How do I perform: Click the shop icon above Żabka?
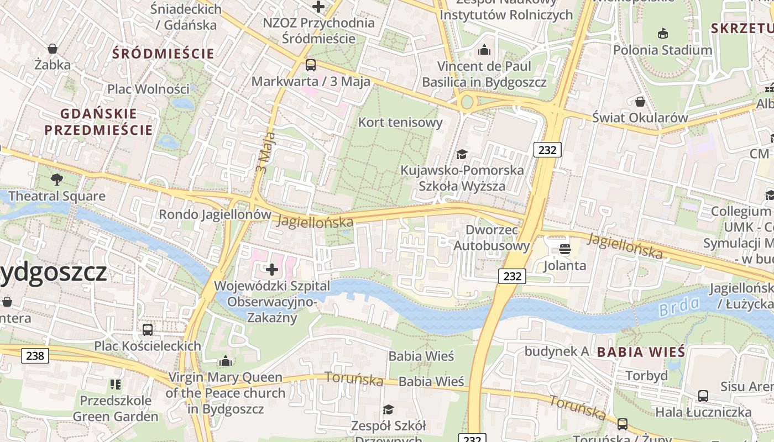53,49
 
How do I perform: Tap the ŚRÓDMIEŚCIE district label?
163,54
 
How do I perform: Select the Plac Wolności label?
148,89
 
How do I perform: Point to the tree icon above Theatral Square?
56,179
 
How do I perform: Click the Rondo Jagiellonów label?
215,214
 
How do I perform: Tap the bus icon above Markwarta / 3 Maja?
311,65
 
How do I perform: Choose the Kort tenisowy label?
400,122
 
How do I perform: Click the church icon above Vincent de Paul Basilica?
484,50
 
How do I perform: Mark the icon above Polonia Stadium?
663,34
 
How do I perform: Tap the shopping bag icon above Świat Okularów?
640,102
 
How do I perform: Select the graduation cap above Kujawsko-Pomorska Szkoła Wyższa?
462,154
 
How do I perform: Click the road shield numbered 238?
35,356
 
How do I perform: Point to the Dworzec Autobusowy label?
491,238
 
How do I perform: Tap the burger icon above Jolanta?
564,249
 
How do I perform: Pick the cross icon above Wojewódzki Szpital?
271,270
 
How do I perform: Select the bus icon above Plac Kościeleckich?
148,330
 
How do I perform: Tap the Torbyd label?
646,376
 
